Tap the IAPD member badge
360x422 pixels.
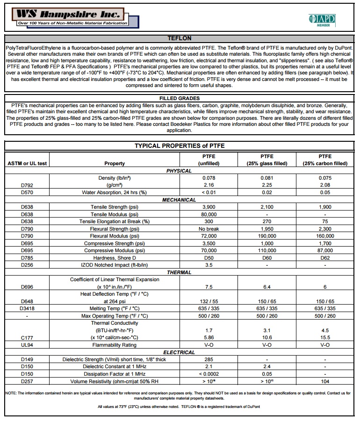tap(322, 20)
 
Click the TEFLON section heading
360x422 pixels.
tap(179, 38)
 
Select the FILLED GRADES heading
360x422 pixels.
tap(180, 99)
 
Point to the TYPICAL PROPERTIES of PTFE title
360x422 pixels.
tap(180, 146)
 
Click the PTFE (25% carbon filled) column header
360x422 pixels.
tap(325, 160)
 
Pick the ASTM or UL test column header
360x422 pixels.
tap(27, 164)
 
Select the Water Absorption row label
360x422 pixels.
tap(115, 192)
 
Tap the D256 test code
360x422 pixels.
tap(27, 265)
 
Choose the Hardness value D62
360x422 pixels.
tap(325, 258)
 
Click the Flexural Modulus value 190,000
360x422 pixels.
tap(267, 236)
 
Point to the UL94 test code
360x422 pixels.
tap(27, 345)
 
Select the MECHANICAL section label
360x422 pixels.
tap(179, 200)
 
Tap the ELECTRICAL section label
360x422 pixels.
tap(179, 352)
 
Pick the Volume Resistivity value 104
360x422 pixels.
tap(325, 381)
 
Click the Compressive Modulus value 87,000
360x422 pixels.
tap(325, 251)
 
